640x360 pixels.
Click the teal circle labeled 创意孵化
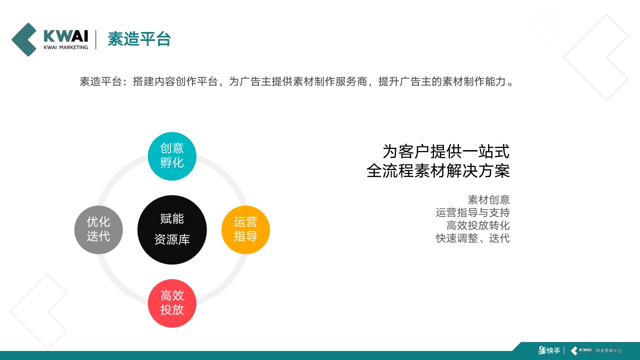point(172,155)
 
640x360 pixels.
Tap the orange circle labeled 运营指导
point(245,229)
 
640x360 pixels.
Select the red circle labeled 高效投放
point(172,303)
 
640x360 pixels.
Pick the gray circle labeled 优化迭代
point(98,229)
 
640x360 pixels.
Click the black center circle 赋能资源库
point(172,229)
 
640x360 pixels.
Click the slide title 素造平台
point(139,39)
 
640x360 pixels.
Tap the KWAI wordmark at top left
point(65,36)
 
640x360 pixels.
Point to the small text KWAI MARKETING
point(65,47)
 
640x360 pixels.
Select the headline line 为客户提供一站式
point(446,151)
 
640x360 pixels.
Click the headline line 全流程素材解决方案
point(438,170)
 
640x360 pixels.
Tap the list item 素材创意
point(488,200)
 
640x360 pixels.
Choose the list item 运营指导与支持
point(472,212)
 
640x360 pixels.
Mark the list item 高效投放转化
point(478,225)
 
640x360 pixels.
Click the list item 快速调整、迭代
point(472,238)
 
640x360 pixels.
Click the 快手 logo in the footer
point(549,350)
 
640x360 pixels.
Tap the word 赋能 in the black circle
point(172,218)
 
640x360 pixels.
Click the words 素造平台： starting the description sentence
point(104,81)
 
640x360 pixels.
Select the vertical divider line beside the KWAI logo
point(96,39)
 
